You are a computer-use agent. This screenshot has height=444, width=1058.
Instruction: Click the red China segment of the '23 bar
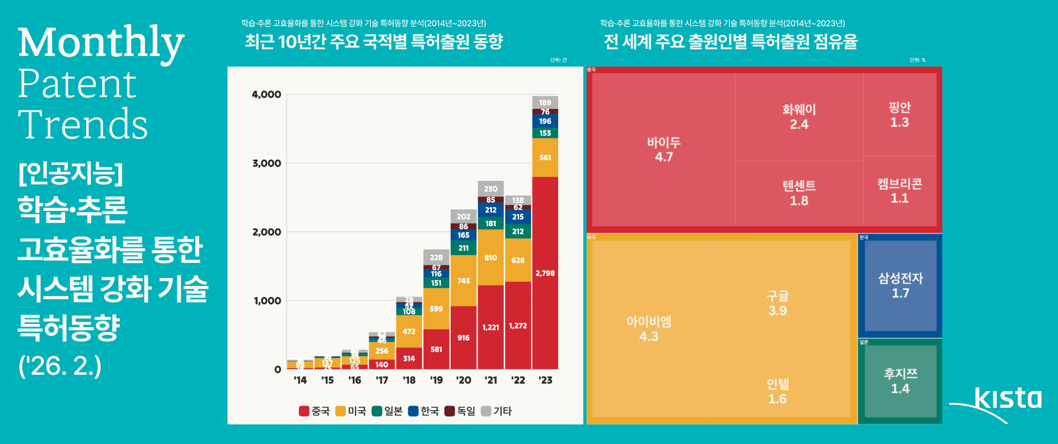(545, 273)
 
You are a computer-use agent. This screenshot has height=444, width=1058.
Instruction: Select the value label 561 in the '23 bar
(545, 158)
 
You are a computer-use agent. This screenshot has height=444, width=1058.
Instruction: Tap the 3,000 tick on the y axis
(267, 163)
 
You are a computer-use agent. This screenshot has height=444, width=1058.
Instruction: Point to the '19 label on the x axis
(436, 380)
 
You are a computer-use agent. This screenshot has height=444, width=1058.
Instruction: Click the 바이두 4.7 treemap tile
(663, 149)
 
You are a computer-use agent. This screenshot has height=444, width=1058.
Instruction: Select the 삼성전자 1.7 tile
(900, 285)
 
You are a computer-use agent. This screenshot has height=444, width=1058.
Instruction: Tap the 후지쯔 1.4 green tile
(900, 381)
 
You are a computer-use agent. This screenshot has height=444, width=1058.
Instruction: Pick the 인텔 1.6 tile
(777, 391)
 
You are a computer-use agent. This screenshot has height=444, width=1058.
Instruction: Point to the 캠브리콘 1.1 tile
(899, 190)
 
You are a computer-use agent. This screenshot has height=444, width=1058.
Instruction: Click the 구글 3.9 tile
(777, 303)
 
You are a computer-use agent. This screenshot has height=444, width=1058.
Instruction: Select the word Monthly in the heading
(101, 43)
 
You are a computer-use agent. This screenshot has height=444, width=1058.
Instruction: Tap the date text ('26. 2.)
(60, 366)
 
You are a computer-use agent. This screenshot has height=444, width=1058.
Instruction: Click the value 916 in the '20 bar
(463, 338)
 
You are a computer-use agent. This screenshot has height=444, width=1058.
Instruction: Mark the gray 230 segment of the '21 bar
(490, 189)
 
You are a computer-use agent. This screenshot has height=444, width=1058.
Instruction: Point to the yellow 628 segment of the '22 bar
(518, 260)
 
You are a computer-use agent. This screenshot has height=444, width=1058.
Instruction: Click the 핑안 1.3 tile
(899, 115)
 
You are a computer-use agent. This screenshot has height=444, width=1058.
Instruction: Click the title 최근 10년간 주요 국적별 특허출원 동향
(373, 41)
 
